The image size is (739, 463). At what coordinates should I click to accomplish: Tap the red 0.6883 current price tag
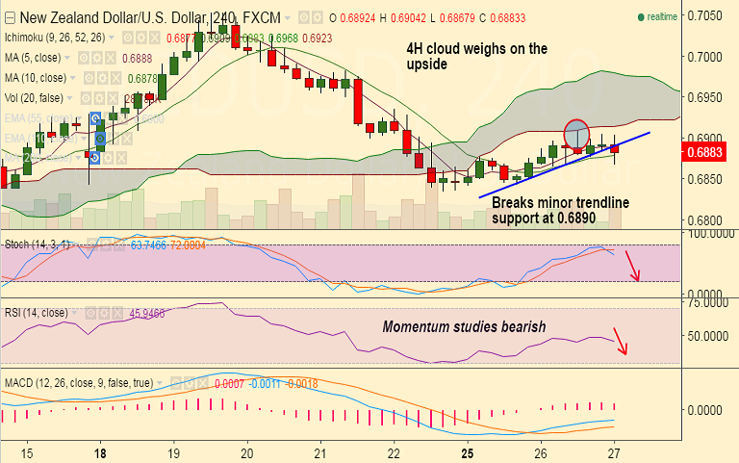[x=708, y=151]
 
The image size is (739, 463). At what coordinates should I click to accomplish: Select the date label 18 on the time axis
[x=100, y=452]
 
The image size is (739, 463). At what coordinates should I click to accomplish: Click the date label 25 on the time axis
[x=467, y=452]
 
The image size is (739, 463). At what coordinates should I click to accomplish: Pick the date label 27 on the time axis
[x=614, y=452]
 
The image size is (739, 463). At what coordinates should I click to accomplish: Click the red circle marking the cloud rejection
[x=575, y=134]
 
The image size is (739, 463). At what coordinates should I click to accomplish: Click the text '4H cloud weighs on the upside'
[x=471, y=56]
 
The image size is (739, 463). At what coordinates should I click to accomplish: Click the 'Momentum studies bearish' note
[x=464, y=327]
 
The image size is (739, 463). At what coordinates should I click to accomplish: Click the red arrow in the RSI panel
[x=622, y=343]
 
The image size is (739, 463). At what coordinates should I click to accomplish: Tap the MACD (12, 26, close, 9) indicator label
[x=77, y=383]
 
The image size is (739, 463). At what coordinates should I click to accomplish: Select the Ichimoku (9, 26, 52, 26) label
[x=56, y=38]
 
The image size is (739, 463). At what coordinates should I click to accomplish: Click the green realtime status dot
[x=641, y=17]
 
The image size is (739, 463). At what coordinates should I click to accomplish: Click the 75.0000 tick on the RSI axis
[x=706, y=302]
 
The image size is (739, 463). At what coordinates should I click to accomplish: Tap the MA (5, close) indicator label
[x=36, y=58]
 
